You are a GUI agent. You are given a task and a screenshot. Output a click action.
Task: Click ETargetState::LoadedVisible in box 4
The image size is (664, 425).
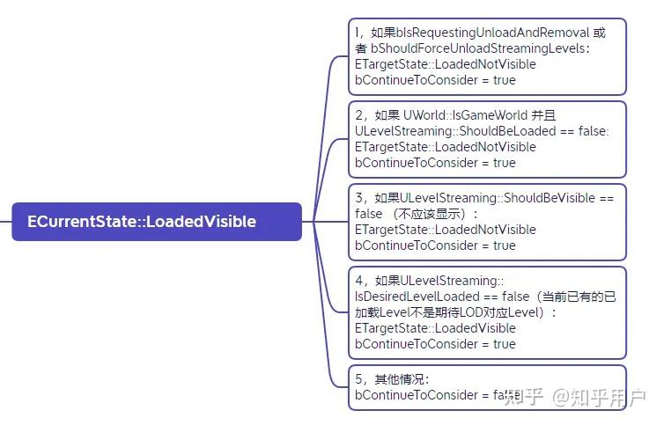435,328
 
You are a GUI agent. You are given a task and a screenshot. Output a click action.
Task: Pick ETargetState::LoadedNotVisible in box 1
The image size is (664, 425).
445,64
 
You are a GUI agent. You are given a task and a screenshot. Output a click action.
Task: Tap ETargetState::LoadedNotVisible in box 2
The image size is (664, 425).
445,147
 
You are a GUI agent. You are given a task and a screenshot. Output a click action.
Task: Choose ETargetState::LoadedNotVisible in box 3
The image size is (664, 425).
445,230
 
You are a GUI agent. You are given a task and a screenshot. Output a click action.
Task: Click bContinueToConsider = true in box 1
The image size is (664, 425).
435,80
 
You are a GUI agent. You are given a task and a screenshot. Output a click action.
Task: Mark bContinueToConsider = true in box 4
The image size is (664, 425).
435,344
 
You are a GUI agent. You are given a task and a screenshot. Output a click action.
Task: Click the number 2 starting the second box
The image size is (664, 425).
358,115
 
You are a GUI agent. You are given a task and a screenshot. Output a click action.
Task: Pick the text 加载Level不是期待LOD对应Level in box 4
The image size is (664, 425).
445,312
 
